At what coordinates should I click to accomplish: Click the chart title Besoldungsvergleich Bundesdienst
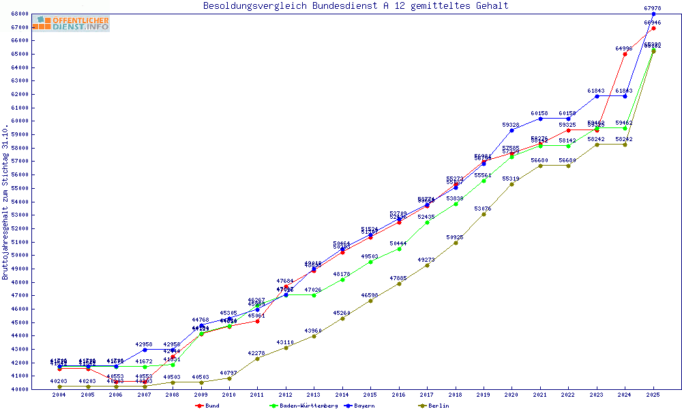355,6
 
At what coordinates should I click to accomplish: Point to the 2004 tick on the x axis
59,395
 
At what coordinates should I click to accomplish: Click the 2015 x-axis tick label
370,395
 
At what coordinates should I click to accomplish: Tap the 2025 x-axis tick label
653,395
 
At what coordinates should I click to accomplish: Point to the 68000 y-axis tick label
18,14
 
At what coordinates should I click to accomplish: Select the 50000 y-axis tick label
18,256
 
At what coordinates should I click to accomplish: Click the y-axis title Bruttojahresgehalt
5,202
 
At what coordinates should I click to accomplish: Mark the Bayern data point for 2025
653,14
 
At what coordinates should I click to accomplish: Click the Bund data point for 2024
625,54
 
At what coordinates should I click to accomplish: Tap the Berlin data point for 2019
484,214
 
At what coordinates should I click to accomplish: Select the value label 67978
653,8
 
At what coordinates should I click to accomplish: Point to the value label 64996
624,48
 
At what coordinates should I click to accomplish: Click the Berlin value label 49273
426,260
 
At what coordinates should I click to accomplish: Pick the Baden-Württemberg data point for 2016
399,249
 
